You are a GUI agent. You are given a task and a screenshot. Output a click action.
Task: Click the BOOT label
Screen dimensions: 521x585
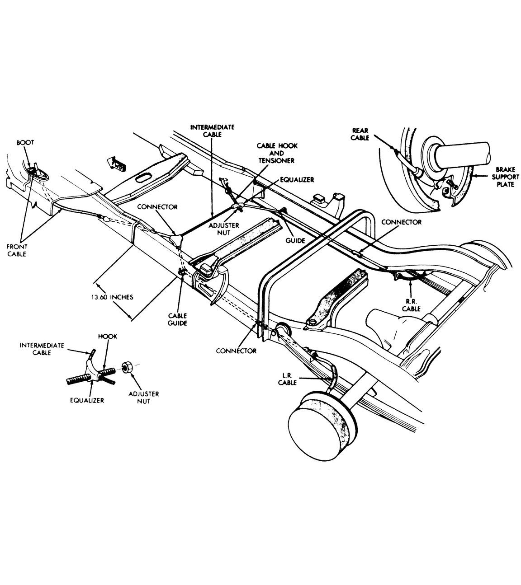pyautogui.click(x=25, y=142)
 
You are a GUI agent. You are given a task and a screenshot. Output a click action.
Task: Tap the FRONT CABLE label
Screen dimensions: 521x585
pyautogui.click(x=17, y=250)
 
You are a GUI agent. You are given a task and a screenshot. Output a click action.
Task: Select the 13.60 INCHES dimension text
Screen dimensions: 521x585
pyautogui.click(x=112, y=297)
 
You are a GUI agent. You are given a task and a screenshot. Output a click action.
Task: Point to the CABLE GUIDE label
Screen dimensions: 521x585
pyautogui.click(x=178, y=319)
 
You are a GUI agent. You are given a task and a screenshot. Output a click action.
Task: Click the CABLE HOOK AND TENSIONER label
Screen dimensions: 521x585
pyautogui.click(x=277, y=153)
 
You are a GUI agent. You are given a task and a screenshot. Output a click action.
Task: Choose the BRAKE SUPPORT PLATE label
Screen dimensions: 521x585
pyautogui.click(x=505, y=177)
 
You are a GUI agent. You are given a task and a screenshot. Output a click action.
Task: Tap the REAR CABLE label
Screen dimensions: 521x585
pyautogui.click(x=360, y=134)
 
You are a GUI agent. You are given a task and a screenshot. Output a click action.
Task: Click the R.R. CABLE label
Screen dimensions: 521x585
pyautogui.click(x=411, y=305)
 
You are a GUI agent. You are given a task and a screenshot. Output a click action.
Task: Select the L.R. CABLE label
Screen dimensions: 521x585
pyautogui.click(x=287, y=379)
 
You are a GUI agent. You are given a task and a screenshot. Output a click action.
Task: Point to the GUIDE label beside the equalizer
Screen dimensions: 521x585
pyautogui.click(x=295, y=240)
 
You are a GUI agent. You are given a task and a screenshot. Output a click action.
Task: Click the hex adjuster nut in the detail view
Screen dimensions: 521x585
pyautogui.click(x=127, y=367)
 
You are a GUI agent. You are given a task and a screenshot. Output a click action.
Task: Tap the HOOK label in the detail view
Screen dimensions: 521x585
pyautogui.click(x=108, y=337)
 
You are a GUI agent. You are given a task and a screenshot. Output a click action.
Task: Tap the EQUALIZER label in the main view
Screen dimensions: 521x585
pyautogui.click(x=297, y=180)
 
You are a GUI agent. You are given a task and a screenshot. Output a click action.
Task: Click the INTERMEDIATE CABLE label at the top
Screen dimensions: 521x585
pyautogui.click(x=213, y=131)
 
